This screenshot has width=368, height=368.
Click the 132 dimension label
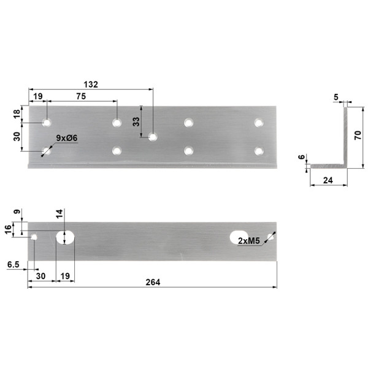click(91, 85)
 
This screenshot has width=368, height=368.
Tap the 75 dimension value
click(81, 96)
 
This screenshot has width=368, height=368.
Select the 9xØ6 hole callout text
click(67, 138)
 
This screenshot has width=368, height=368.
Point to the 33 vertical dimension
click(136, 121)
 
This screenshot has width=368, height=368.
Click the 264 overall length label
click(153, 282)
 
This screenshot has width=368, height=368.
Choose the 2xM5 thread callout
click(249, 241)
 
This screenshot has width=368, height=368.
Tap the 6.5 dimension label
click(13, 265)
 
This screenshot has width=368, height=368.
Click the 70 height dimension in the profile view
click(358, 136)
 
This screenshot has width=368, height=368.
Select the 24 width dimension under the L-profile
click(328, 180)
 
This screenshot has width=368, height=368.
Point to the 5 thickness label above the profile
click(336, 97)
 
